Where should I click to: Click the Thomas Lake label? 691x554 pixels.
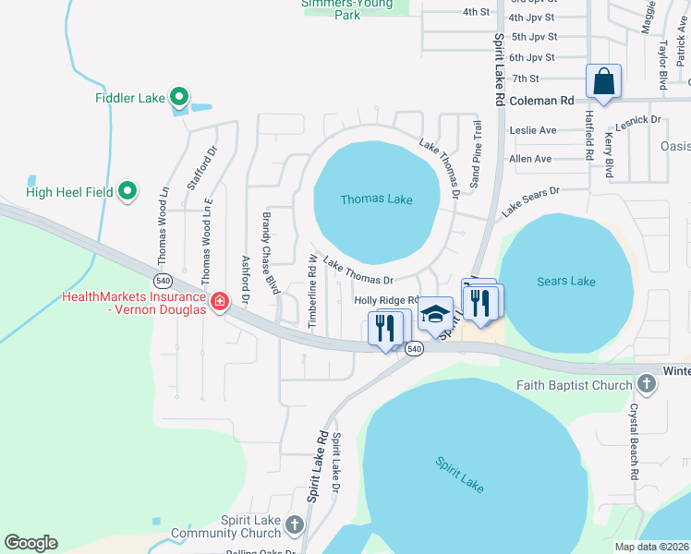(376, 199)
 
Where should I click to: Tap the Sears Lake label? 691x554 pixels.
(565, 281)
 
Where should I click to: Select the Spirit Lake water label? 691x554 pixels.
(460, 474)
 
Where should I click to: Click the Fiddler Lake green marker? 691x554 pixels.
(180, 96)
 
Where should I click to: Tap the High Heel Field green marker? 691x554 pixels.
(128, 192)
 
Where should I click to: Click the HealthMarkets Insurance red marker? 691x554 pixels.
(220, 302)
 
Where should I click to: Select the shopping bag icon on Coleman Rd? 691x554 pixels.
(603, 81)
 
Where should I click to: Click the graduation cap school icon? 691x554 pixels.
(434, 314)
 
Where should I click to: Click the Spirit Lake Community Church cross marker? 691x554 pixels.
(295, 525)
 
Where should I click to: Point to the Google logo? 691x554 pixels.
(30, 543)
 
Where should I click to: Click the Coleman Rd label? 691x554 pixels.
(541, 100)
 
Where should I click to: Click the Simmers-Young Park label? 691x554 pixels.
(347, 8)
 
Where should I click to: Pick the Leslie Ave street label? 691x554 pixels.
(532, 130)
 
